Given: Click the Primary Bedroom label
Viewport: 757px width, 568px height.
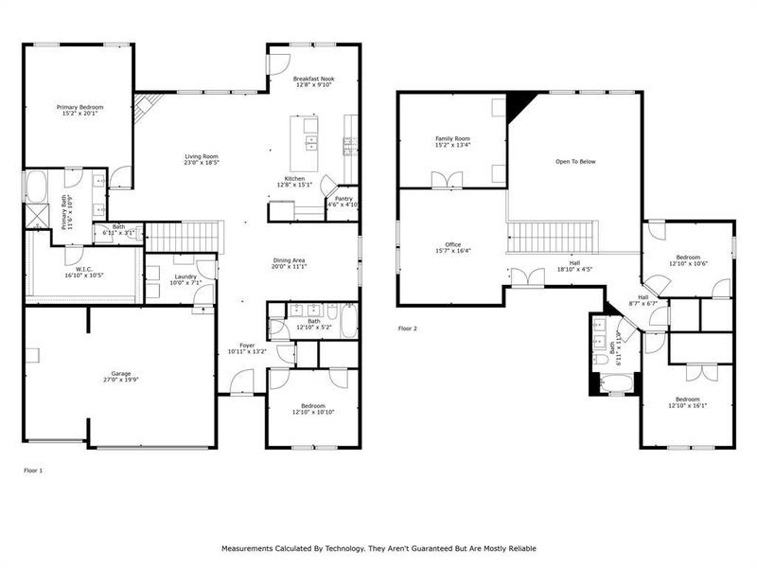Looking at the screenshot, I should click(x=79, y=108).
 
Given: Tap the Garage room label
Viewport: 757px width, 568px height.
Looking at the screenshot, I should click(x=121, y=374).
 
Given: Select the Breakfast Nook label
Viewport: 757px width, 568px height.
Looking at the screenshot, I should click(x=313, y=79).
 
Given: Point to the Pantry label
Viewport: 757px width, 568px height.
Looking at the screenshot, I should click(x=343, y=199).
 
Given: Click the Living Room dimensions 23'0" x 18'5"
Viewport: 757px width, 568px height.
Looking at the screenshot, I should click(x=201, y=163).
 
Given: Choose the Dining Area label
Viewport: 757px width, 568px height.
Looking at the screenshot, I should click(x=290, y=260).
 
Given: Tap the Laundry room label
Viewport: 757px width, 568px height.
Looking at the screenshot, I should click(x=185, y=276).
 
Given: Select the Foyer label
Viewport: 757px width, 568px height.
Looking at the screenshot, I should click(x=247, y=345).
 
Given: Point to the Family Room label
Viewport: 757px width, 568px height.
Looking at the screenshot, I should click(x=452, y=139).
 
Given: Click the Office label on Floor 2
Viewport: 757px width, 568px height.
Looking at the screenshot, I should click(x=452, y=244).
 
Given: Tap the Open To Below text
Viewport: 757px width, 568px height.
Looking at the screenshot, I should click(x=575, y=162).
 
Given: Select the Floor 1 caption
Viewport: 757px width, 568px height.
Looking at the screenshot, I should click(x=33, y=470).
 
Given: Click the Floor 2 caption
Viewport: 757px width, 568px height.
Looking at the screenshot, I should click(x=408, y=328).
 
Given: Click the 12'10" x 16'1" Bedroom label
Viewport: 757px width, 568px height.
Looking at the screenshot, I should click(x=688, y=399).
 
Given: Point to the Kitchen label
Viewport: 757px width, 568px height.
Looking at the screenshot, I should click(x=295, y=178).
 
